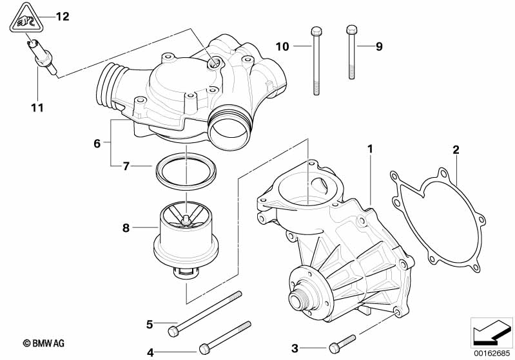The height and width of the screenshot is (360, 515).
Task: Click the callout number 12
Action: coord(63,16)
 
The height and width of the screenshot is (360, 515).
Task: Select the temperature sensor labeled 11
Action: coord(42,57)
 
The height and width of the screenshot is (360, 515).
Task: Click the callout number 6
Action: coord(97,144)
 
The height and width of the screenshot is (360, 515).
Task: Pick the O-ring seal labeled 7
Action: coord(186,171)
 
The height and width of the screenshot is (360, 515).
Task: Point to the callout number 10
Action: coord(282,46)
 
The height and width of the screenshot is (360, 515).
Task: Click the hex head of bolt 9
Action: coord(351,30)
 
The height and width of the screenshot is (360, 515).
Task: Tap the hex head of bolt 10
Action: coord(316,31)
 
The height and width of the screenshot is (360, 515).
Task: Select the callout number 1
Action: coord(370,149)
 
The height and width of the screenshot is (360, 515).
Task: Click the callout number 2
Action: coord(456,150)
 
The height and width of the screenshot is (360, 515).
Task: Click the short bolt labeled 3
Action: coord(342,344)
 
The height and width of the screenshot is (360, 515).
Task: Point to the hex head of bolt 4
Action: coord(204,348)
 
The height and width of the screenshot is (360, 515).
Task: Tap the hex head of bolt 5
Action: coord(173,331)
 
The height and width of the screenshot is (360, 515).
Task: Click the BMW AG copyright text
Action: coord(44,344)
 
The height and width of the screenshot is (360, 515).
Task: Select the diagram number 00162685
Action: coord(492,354)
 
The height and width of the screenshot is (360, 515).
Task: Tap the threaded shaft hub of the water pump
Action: coord(299,298)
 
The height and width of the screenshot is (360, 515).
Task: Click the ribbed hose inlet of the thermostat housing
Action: coord(109,84)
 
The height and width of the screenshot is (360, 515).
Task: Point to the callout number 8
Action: coord(126,228)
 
